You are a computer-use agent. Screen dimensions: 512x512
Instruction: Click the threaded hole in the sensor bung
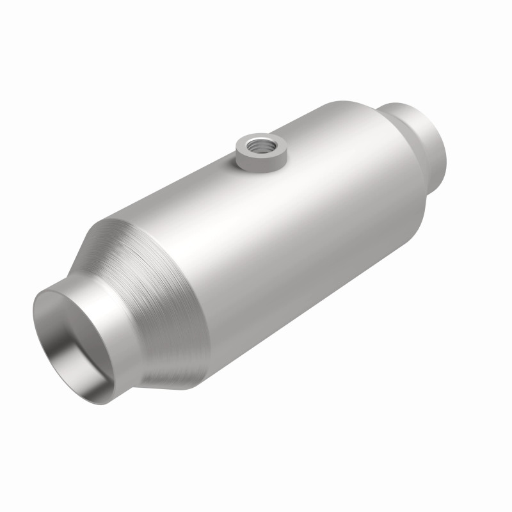261,145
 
